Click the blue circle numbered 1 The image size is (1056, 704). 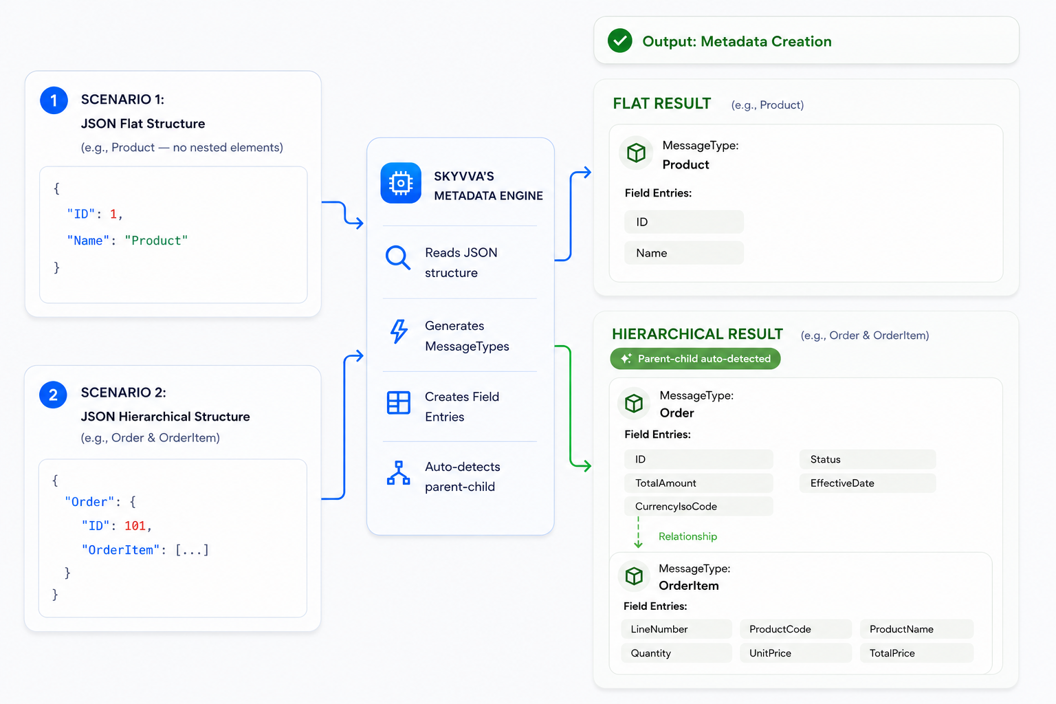(54, 100)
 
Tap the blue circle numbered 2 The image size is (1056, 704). (53, 394)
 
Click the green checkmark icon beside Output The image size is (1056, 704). (620, 41)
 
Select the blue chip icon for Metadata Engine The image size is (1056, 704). (401, 183)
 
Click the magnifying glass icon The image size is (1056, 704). (398, 257)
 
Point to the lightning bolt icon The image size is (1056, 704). (399, 331)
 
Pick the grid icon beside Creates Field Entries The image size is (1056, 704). (398, 403)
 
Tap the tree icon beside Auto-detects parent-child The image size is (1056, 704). (398, 473)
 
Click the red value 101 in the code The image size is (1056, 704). (135, 525)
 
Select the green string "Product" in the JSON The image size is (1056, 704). (156, 241)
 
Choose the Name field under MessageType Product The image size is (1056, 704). (683, 253)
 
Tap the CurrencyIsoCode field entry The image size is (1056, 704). (698, 506)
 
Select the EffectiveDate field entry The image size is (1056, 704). (868, 483)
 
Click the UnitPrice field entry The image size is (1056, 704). (795, 652)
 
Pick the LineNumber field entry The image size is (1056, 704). (676, 628)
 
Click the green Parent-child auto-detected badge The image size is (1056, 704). (695, 358)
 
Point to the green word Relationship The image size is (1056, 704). (687, 536)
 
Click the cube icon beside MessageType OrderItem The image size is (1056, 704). (634, 575)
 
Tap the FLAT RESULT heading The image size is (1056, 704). (661, 103)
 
